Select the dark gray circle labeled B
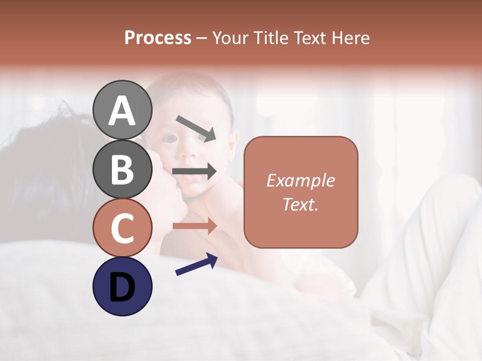123,169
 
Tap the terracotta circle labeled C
123,228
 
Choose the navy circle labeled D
123,286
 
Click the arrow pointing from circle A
196,128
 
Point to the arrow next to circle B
194,171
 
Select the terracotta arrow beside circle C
194,226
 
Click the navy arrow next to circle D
196,264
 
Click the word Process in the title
158,38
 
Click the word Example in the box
301,180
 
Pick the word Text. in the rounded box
301,205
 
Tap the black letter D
123,286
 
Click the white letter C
123,228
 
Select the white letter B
123,169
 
